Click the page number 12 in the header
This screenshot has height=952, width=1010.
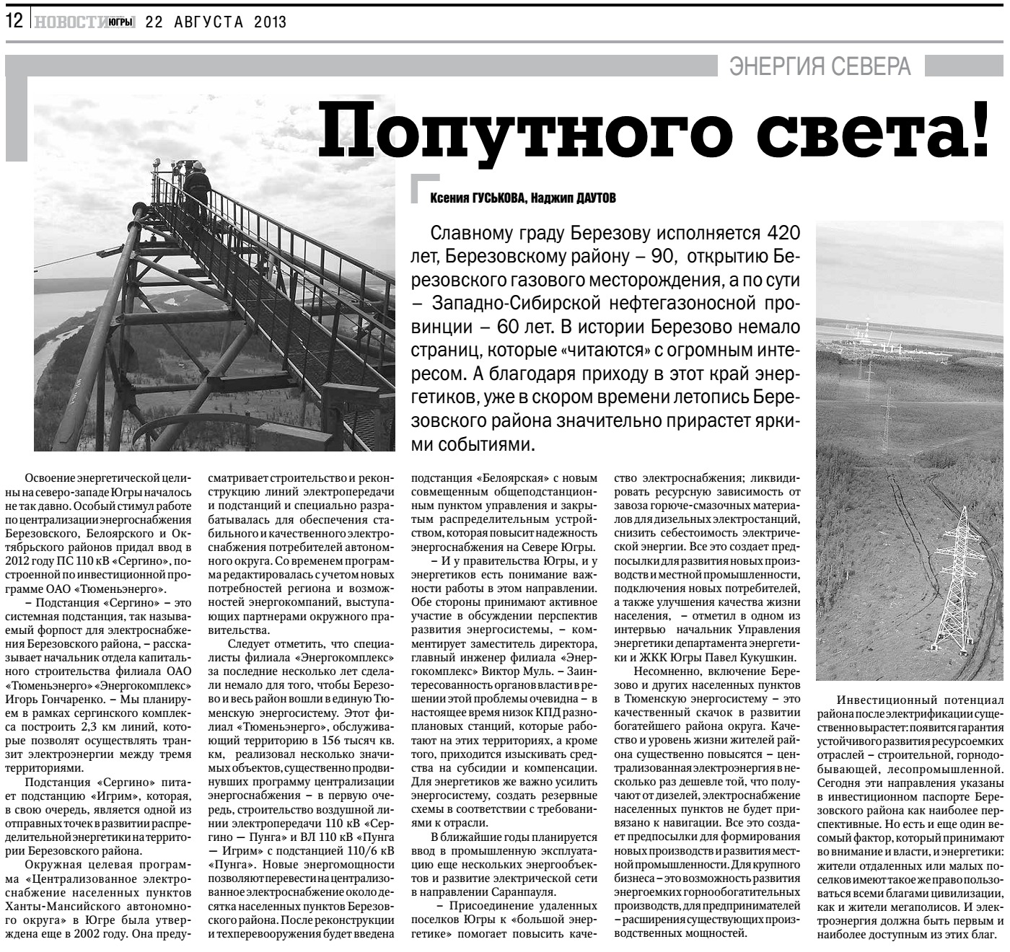(14, 21)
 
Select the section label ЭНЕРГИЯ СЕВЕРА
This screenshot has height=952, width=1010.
(820, 67)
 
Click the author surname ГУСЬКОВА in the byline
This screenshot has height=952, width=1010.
(493, 198)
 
